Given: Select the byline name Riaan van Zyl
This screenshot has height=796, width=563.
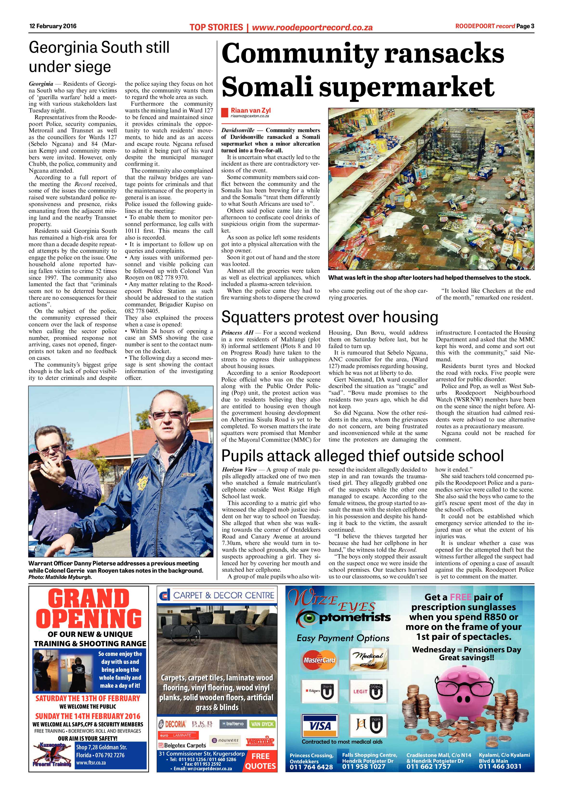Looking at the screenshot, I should [251, 110].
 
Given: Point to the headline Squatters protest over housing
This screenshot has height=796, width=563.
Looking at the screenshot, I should [329, 317].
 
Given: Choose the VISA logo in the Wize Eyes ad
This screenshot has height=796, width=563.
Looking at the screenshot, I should [319, 725].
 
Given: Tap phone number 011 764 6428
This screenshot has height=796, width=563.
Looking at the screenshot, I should [311, 777].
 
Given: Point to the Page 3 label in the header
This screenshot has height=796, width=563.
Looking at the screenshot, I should [525, 26].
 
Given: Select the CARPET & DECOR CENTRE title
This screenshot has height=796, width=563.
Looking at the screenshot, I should [224, 595].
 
